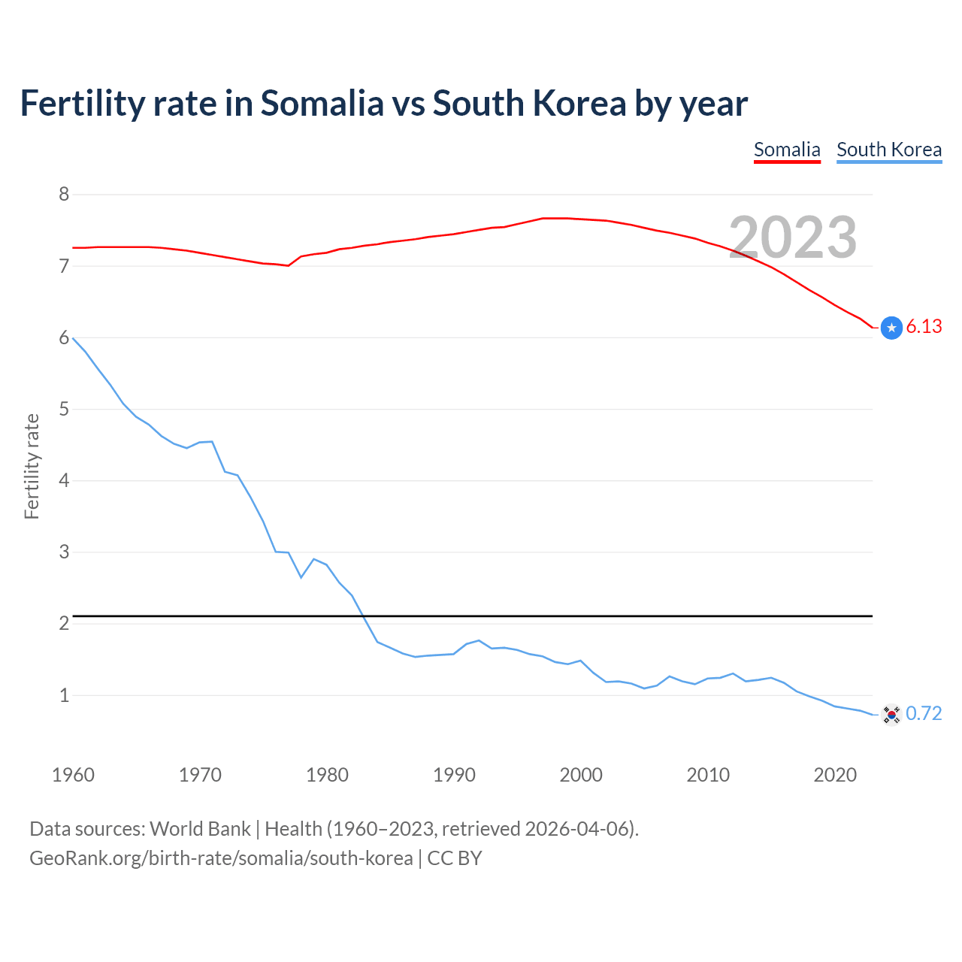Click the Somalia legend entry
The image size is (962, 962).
[x=787, y=150]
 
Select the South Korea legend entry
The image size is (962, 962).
[x=889, y=150]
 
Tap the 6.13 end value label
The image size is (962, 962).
[x=924, y=326]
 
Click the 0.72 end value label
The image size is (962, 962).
[x=924, y=713]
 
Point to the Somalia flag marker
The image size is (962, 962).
[x=891, y=328]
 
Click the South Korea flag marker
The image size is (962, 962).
[x=891, y=715]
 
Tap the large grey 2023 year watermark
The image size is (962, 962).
[x=793, y=237]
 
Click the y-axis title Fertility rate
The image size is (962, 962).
[x=32, y=466]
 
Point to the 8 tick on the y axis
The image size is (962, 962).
[x=64, y=195]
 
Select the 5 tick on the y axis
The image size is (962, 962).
[x=64, y=410]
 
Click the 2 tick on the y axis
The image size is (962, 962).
[x=64, y=624]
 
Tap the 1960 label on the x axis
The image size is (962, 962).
[x=73, y=775]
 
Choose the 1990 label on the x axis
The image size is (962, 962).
[x=454, y=775]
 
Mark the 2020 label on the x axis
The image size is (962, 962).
[x=835, y=775]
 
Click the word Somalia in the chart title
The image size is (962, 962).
[x=322, y=104]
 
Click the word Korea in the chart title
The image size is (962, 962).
[x=579, y=104]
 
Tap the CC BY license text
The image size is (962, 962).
[x=455, y=858]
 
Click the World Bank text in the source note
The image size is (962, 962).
[x=200, y=829]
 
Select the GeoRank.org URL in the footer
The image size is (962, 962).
[x=221, y=858]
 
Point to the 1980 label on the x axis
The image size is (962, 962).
[x=327, y=775]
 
